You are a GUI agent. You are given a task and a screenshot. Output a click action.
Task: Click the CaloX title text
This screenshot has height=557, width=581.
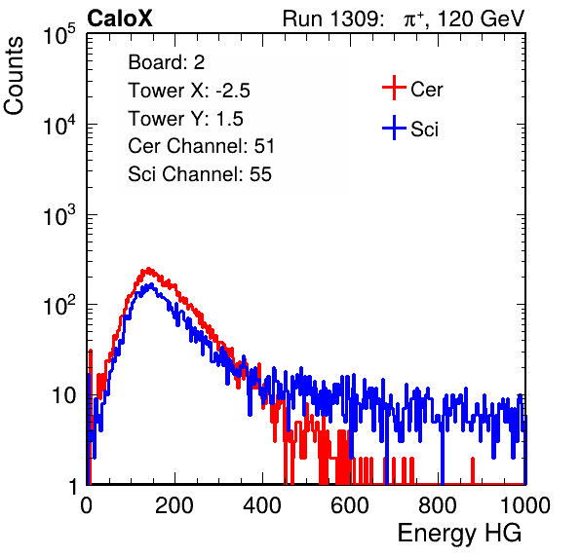pyautogui.click(x=119, y=18)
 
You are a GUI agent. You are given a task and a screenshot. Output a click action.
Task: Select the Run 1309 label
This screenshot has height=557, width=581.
pyautogui.click(x=332, y=19)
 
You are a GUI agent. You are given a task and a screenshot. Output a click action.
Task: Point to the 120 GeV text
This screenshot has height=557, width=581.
pyautogui.click(x=481, y=19)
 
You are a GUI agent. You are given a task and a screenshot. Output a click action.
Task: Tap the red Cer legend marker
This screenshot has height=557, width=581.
pyautogui.click(x=394, y=88)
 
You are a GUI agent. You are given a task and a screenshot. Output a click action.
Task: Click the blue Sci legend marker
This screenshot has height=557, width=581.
pyautogui.click(x=394, y=129)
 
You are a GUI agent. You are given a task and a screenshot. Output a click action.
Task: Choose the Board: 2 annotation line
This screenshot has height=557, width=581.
pyautogui.click(x=166, y=62)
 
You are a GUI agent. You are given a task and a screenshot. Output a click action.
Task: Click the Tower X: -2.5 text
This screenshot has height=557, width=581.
pyautogui.click(x=189, y=91)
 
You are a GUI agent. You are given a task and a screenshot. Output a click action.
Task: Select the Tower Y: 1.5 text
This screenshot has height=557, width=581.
pyautogui.click(x=185, y=119)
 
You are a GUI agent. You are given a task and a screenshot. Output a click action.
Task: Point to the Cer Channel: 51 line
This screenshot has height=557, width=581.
pyautogui.click(x=201, y=146)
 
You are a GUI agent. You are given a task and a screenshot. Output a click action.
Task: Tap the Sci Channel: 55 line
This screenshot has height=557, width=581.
pyautogui.click(x=200, y=174)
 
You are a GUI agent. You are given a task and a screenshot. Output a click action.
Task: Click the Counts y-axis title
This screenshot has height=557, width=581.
pyautogui.click(x=14, y=76)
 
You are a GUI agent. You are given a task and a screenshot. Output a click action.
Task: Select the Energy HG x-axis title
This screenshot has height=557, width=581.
pyautogui.click(x=459, y=534)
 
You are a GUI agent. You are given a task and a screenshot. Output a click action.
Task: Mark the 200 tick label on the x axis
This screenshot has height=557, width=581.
pyautogui.click(x=174, y=505)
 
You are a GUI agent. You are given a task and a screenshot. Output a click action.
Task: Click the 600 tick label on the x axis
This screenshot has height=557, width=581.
pyautogui.click(x=350, y=505)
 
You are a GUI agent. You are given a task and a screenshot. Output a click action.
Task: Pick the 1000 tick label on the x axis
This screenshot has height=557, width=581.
pyautogui.click(x=525, y=505)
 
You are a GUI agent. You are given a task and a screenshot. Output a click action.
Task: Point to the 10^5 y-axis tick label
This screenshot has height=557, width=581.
pyautogui.click(x=59, y=35)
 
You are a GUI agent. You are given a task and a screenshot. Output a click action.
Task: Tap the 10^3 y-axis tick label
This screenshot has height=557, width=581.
pyautogui.click(x=59, y=215)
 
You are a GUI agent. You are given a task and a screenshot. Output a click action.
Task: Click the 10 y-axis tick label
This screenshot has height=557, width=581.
pyautogui.click(x=63, y=396)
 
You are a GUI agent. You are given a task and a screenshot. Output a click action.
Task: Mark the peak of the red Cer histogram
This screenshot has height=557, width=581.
pyautogui.click(x=148, y=269)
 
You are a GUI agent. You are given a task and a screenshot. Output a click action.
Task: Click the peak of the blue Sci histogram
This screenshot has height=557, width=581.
pyautogui.click(x=150, y=284)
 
